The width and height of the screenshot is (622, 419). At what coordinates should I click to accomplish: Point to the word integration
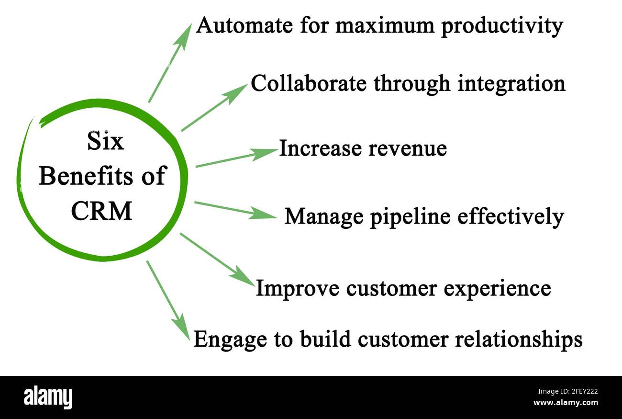pos(511,84)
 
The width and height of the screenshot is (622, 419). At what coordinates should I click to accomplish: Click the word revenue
pos(407,148)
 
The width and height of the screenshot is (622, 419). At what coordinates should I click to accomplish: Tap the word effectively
pos(511,216)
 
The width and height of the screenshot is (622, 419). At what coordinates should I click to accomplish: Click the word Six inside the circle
pos(105,142)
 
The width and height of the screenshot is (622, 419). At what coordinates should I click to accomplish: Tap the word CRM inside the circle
pos(101,211)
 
